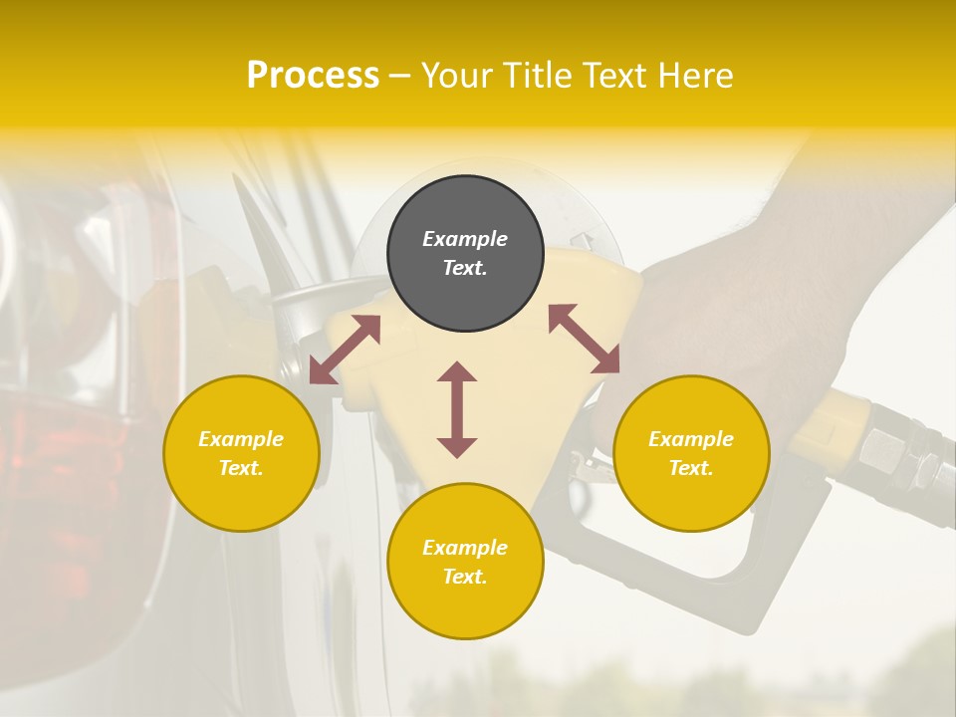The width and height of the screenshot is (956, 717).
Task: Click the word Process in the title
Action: pos(313,76)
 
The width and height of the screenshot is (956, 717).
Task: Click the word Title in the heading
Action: pos(535,76)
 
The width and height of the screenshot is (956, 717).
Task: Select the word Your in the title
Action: pos(458,76)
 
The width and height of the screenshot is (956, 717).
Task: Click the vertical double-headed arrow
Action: pos(457,409)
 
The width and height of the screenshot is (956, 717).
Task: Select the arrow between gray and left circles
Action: pos(345,349)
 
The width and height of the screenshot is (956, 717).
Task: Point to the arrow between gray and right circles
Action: pos(585,339)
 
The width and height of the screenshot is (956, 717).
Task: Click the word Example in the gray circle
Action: pos(465,239)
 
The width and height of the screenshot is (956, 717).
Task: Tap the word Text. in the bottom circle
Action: pos(465,577)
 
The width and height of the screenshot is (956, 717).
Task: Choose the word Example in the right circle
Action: pos(691,439)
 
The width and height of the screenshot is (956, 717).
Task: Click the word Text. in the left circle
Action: pos(241,468)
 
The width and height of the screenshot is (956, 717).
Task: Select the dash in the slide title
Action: pos(400,76)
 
